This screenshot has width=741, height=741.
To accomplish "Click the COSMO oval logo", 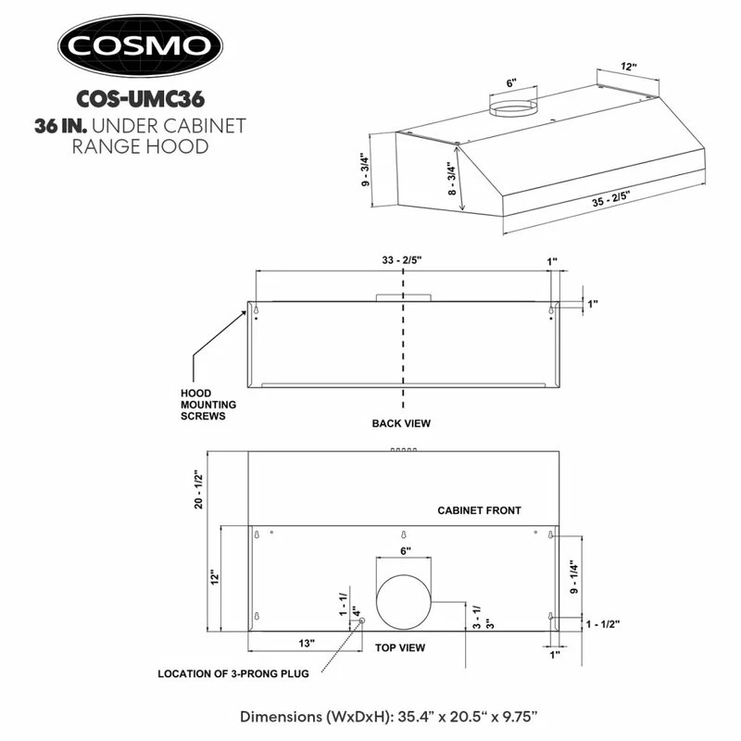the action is tap(141, 45).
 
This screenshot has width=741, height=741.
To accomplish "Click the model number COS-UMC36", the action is tap(141, 99).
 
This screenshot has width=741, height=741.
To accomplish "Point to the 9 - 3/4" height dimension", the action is tap(365, 170).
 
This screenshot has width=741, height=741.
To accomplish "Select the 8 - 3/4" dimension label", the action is tap(452, 179).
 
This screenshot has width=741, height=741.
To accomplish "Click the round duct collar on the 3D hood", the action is tap(513, 108).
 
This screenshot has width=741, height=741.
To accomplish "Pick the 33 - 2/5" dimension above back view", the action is tap(402, 260).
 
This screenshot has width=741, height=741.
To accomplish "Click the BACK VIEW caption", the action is tap(401, 423).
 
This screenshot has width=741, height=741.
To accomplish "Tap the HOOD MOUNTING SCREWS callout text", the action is tap(208, 405).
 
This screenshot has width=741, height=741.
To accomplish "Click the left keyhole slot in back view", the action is tap(257, 310).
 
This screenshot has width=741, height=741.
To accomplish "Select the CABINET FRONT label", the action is tap(479, 510).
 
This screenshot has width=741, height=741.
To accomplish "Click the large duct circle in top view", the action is tap(404, 602).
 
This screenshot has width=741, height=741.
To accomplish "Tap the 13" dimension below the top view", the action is tap(307, 643).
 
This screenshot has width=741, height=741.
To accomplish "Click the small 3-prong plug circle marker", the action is tap(362, 621).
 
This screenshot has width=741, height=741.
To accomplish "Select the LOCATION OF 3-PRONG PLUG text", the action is tap(233, 674).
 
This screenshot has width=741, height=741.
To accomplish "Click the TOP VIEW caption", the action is tap(400, 647).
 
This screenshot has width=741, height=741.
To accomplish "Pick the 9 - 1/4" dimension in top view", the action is tap(573, 577).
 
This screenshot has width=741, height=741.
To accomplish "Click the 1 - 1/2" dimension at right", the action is tap(603, 624).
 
